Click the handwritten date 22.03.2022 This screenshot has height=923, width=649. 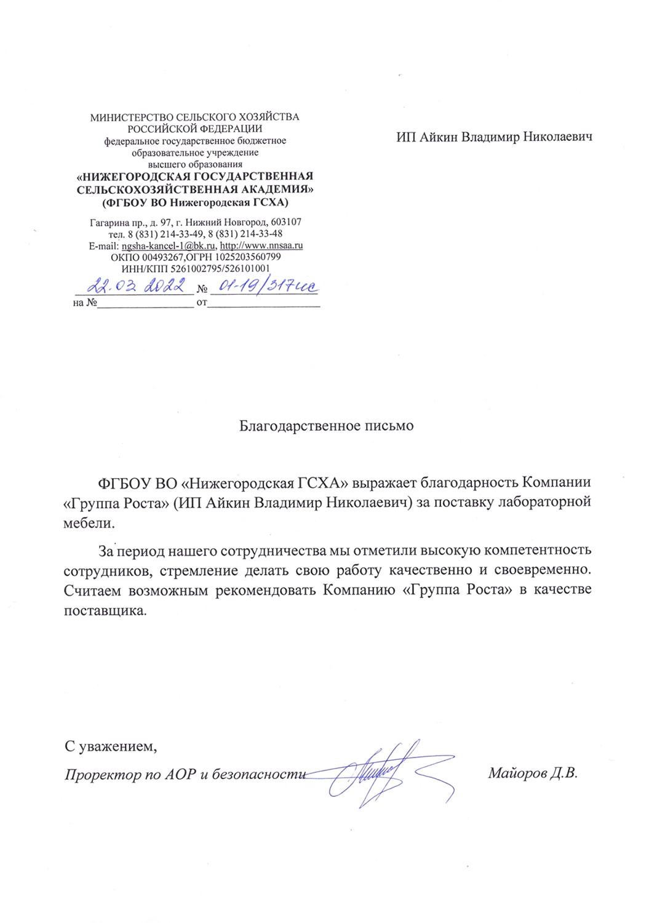click(136, 286)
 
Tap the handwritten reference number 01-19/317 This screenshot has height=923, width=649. click(263, 286)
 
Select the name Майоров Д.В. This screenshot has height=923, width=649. click(533, 773)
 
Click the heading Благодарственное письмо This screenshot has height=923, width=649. click(326, 426)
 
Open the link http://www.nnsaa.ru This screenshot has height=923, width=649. click(261, 246)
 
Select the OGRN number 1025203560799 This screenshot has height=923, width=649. click(248, 257)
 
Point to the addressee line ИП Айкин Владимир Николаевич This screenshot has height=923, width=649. click(494, 137)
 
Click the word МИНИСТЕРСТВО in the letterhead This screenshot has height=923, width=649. click(132, 117)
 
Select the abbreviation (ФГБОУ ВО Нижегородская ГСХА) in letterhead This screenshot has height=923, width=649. click(195, 202)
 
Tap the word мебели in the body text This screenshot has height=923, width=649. click(89, 524)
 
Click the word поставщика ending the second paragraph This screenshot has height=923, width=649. click(106, 611)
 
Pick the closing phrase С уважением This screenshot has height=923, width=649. click(111, 747)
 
